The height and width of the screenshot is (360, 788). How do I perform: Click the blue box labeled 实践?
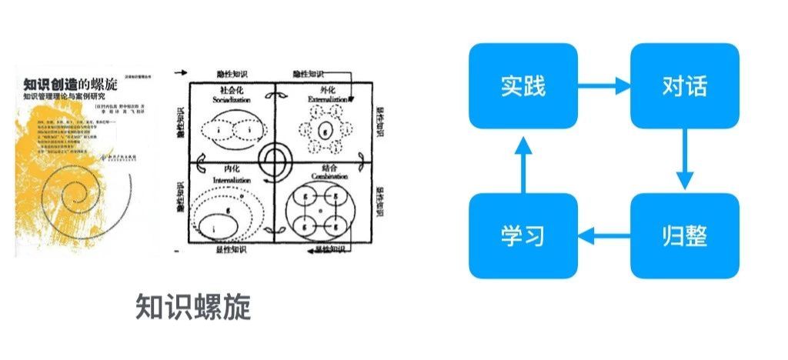tap(523, 85)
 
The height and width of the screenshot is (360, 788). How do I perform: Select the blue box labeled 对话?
tap(684, 85)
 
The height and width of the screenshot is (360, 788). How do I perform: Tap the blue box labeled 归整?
tap(684, 235)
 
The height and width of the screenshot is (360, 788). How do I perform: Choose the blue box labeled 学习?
tap(523, 235)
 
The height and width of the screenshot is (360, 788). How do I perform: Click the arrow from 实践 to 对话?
tap(603, 85)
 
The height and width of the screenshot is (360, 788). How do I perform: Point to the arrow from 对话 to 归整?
tap(684, 159)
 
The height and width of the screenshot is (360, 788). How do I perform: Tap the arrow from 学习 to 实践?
tap(523, 160)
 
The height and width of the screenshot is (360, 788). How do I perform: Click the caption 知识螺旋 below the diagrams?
tap(193, 307)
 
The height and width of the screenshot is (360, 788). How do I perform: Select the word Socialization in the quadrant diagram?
tap(230, 99)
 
